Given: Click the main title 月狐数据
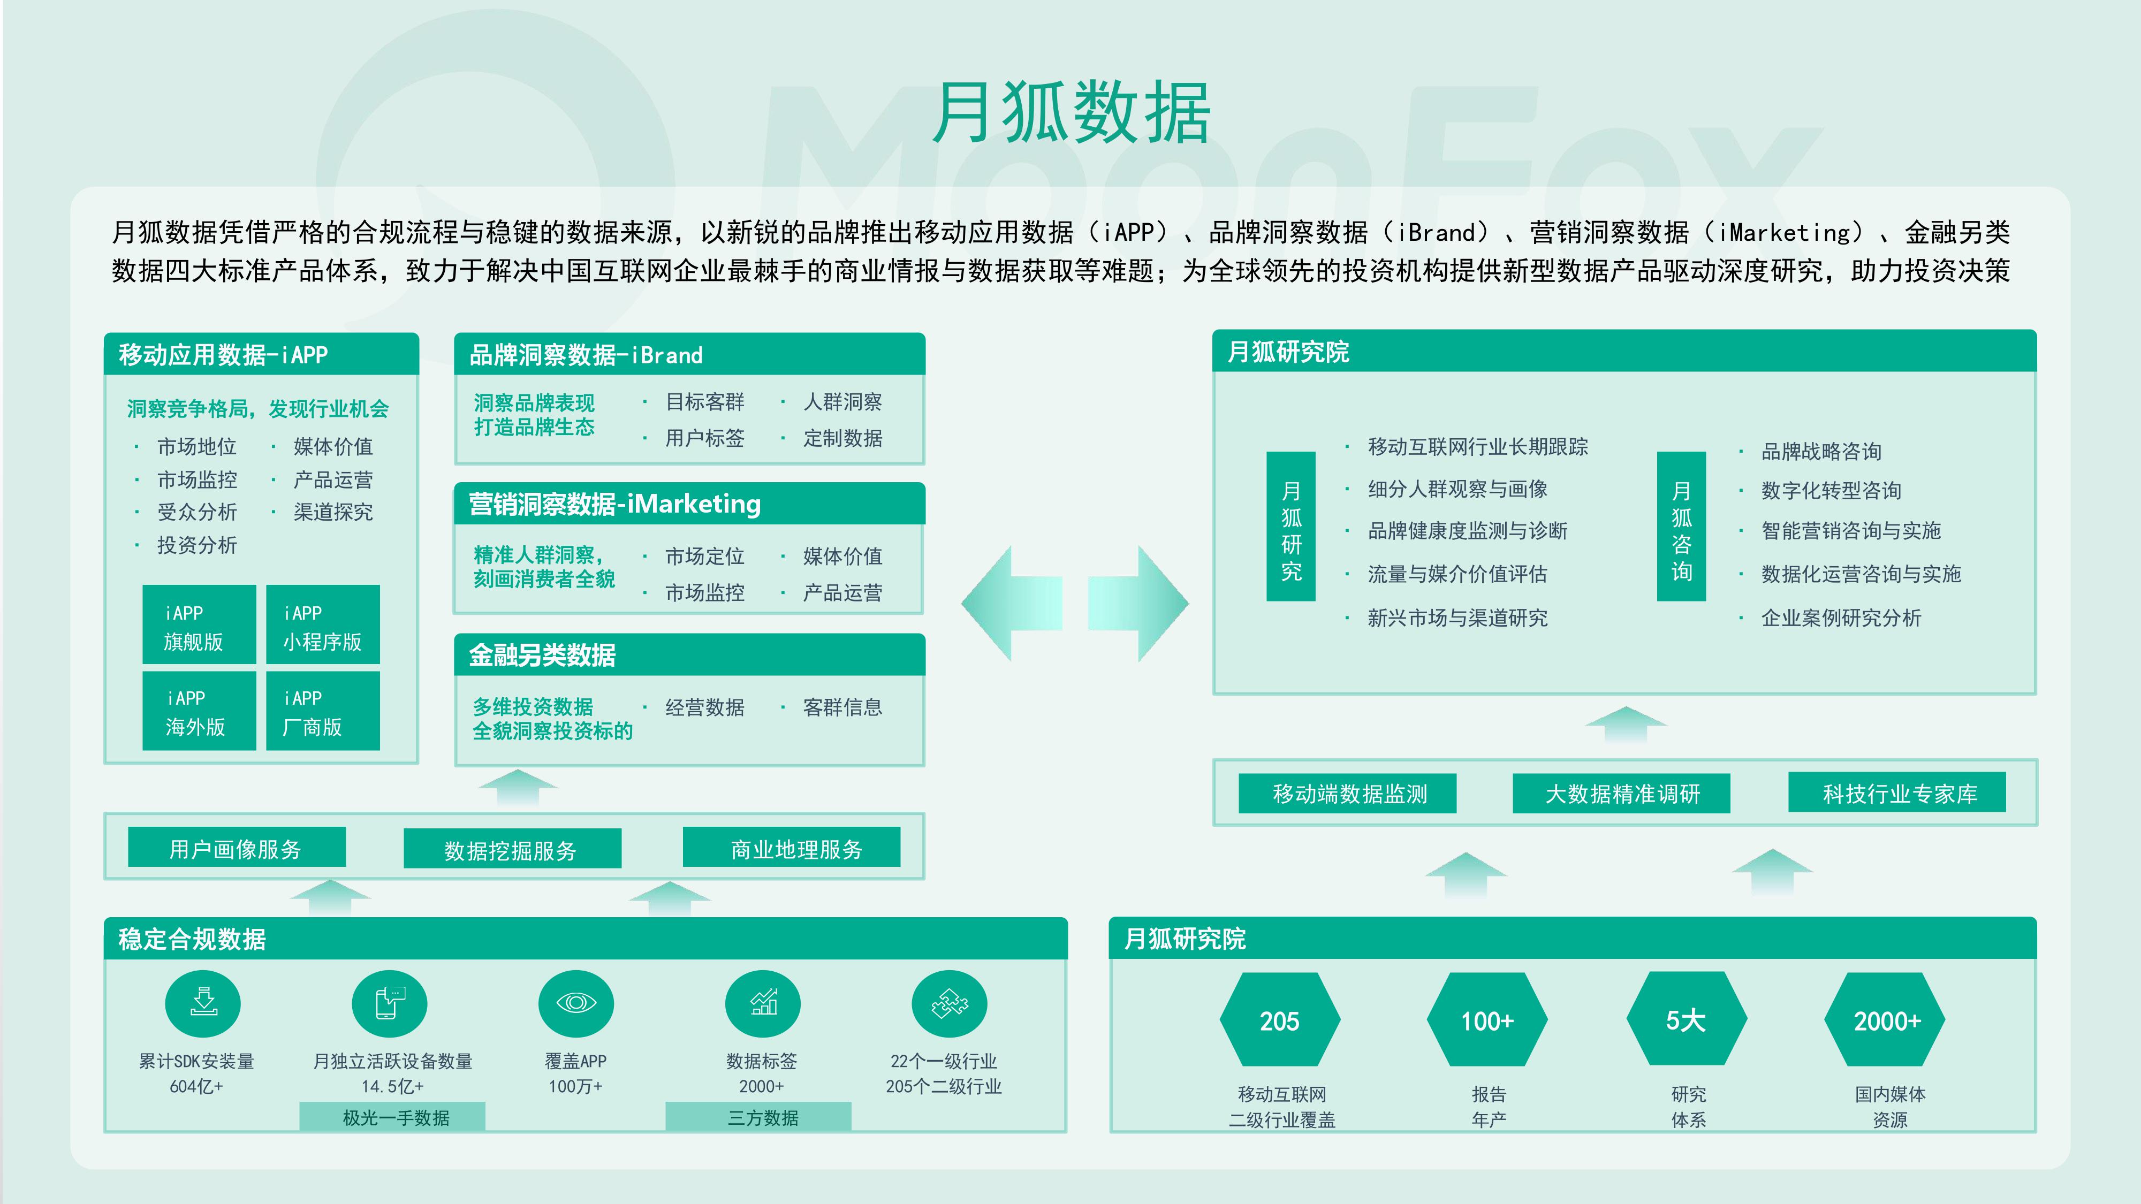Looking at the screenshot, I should pyautogui.click(x=1070, y=114).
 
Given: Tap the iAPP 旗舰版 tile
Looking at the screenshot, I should pyautogui.click(x=199, y=625).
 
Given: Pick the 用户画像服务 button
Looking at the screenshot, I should pyautogui.click(x=236, y=848).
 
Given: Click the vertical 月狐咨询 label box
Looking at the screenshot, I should pyautogui.click(x=1681, y=526).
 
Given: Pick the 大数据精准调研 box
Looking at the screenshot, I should pyautogui.click(x=1622, y=794).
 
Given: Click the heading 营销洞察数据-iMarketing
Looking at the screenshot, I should pyautogui.click(x=615, y=504).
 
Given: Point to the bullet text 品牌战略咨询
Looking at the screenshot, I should pyautogui.click(x=1820, y=451).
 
